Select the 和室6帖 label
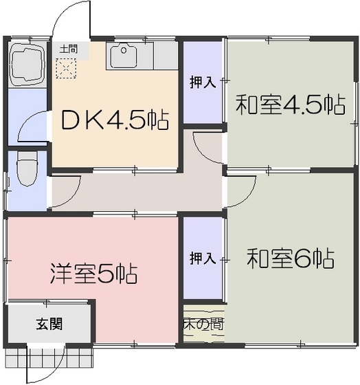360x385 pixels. [x=290, y=258]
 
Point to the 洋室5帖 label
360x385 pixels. [x=93, y=273]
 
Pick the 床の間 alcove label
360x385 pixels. [x=203, y=323]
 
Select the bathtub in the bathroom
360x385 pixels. [x=27, y=63]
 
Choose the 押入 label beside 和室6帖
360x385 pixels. [x=203, y=258]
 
